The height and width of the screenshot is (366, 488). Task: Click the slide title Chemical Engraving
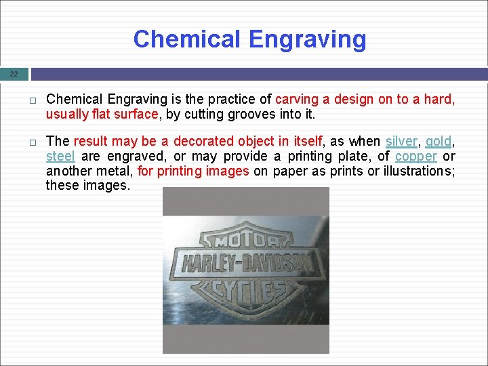point(249,39)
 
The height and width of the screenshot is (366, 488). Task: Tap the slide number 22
point(14,74)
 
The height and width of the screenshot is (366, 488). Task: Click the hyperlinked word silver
point(401,141)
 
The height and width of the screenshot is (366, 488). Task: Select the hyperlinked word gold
point(438,141)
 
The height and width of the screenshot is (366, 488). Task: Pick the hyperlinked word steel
point(60,156)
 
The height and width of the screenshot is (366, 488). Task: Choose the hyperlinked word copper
point(416,156)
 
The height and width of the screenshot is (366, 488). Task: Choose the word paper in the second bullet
point(289,171)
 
